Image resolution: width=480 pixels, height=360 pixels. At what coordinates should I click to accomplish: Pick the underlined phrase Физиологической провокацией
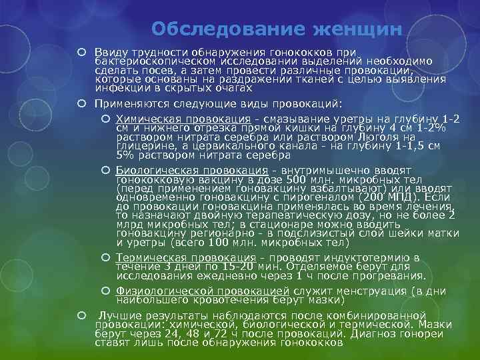point(202,291)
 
